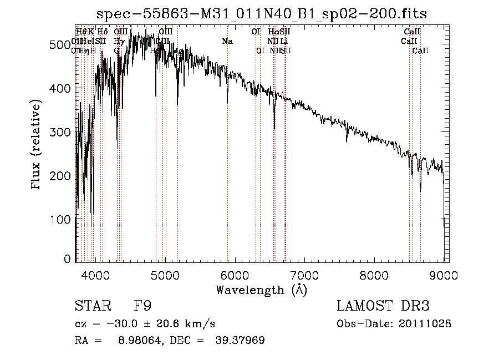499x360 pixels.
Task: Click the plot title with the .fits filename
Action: (x=262, y=13)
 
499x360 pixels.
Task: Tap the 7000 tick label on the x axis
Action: (x=304, y=275)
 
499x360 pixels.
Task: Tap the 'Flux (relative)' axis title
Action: (x=37, y=145)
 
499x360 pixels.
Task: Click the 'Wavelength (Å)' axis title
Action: (x=262, y=290)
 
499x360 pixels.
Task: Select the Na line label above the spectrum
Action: (x=227, y=41)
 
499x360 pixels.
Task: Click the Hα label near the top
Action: (x=273, y=32)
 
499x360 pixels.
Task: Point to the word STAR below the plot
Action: (x=90, y=306)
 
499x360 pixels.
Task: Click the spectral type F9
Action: (x=142, y=306)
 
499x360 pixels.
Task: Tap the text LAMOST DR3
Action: (x=383, y=306)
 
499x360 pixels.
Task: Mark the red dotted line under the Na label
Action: (x=227, y=166)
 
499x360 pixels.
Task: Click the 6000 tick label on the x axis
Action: (x=234, y=275)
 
